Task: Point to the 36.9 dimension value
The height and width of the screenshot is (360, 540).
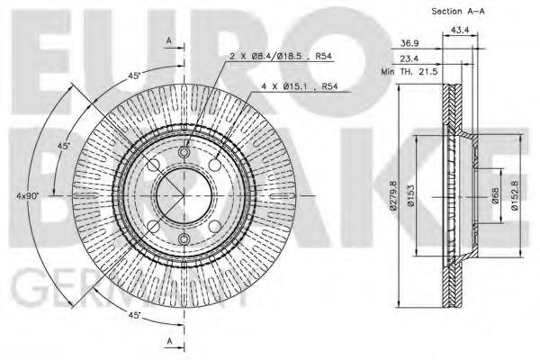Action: click(408, 43)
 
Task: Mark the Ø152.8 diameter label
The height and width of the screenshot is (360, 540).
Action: click(515, 195)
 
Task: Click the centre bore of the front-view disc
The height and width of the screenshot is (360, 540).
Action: click(183, 195)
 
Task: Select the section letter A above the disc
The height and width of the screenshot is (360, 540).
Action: click(168, 40)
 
